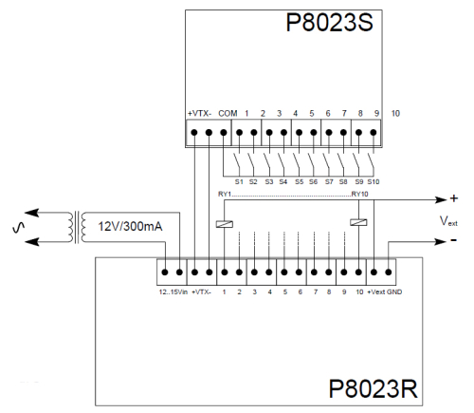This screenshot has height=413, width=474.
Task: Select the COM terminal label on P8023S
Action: point(227,113)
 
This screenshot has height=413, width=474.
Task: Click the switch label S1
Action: point(239,180)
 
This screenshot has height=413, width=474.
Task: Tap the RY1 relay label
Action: point(226,194)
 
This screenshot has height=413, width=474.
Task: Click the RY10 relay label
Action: point(359,194)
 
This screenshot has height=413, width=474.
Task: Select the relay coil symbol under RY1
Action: point(224,224)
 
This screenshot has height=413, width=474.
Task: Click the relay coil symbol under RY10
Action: point(355,224)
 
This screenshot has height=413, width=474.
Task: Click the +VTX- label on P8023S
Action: point(200,113)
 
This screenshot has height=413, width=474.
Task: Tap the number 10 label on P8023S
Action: point(394,113)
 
